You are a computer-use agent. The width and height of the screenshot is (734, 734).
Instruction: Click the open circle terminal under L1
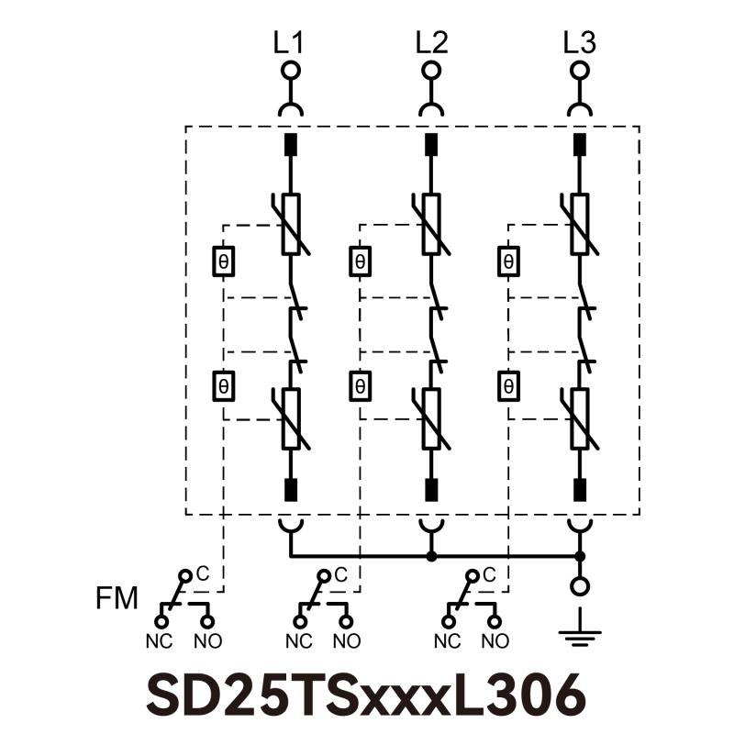pyautogui.click(x=291, y=71)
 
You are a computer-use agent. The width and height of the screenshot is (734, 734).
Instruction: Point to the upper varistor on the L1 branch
pyautogui.click(x=291, y=223)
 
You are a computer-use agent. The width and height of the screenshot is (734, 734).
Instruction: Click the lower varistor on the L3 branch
pyautogui.click(x=579, y=417)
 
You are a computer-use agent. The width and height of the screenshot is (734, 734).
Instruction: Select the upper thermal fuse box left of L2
pyautogui.click(x=361, y=261)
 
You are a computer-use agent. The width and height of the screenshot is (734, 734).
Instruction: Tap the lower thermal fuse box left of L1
pyautogui.click(x=223, y=385)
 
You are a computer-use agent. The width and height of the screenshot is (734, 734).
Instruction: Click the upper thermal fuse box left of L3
pyautogui.click(x=507, y=261)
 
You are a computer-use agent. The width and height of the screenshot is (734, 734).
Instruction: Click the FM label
pyautogui.click(x=117, y=600)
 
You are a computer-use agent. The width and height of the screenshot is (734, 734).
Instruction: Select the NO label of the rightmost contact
pyautogui.click(x=495, y=639)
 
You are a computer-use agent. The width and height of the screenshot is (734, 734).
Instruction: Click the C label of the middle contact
pyautogui.click(x=340, y=575)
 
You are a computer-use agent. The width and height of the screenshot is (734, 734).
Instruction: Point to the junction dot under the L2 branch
pyautogui.click(x=430, y=556)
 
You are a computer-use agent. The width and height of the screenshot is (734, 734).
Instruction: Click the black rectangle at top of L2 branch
pyautogui.click(x=430, y=144)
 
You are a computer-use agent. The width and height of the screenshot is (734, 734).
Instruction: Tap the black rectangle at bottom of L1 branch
pyautogui.click(x=291, y=488)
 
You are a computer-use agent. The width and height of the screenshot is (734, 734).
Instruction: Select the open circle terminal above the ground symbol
pyautogui.click(x=579, y=585)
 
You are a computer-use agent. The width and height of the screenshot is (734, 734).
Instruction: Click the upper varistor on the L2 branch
pyautogui.click(x=430, y=223)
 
